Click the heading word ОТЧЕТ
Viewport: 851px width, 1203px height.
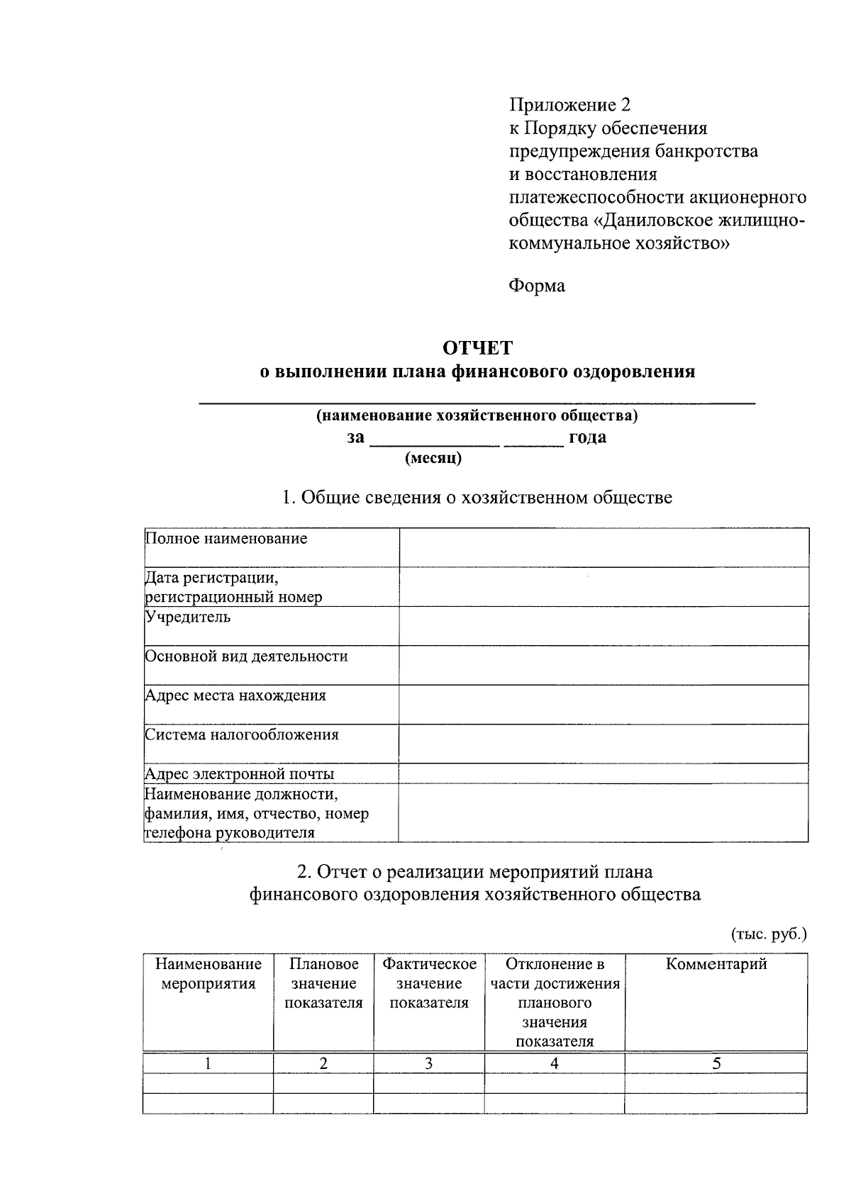(x=477, y=348)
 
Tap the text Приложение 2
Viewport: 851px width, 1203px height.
(x=569, y=106)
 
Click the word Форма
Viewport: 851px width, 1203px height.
(x=537, y=286)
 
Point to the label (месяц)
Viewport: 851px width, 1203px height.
(x=433, y=458)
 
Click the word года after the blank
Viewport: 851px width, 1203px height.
(x=587, y=437)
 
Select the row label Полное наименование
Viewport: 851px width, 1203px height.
(x=226, y=539)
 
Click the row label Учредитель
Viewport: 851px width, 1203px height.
(x=188, y=617)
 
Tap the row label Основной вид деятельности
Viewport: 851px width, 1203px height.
(x=246, y=656)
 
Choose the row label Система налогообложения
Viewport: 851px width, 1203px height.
(x=242, y=735)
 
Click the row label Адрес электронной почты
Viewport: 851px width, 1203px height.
(x=239, y=774)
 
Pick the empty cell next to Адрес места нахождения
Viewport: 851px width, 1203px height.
(x=603, y=704)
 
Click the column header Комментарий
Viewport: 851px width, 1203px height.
(x=716, y=964)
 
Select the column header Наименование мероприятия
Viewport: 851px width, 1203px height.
(x=208, y=974)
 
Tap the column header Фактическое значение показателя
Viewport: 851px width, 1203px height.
(x=429, y=983)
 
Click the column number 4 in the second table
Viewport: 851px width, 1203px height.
(x=554, y=1063)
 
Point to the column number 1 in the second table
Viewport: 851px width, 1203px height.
(x=208, y=1063)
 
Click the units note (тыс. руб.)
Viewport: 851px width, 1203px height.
(x=769, y=934)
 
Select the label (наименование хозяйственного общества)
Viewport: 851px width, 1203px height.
(x=477, y=415)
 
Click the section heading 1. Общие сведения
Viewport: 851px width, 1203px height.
(x=477, y=498)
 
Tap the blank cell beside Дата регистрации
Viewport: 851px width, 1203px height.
(x=603, y=587)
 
